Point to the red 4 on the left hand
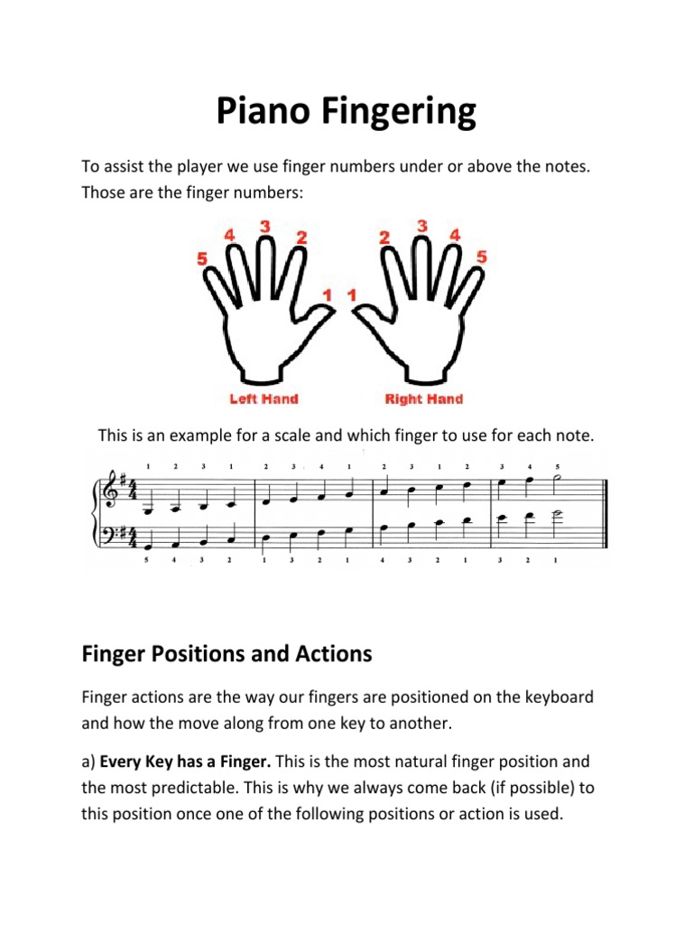coord(230,235)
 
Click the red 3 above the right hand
coord(421,225)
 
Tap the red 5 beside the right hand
coord(482,257)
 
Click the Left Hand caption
coord(263,398)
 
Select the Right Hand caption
coord(423,398)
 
